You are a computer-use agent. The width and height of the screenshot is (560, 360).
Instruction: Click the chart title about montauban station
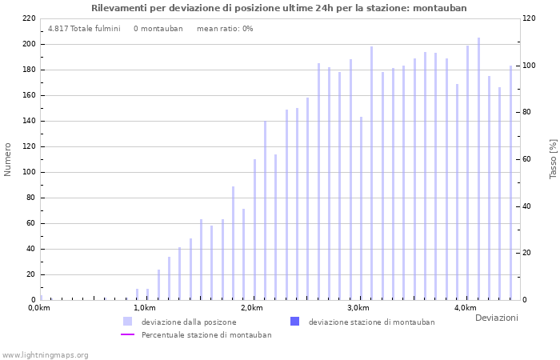coord(279,8)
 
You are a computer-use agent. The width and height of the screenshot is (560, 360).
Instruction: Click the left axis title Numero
coord(8,159)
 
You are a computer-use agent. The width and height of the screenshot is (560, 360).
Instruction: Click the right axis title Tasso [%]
coord(553,158)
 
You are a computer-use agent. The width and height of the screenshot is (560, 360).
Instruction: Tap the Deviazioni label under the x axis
coord(496,318)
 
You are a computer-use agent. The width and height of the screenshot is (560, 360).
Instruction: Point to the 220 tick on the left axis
coord(28,18)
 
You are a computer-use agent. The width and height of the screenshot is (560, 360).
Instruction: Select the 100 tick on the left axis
coord(28,172)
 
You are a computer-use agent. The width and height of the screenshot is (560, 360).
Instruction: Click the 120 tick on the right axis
coord(529,18)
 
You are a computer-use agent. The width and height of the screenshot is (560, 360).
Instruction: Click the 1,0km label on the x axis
coord(144,308)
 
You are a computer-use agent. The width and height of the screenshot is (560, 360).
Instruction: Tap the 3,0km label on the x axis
coord(358,308)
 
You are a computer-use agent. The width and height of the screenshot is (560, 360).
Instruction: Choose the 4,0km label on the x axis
coord(465,308)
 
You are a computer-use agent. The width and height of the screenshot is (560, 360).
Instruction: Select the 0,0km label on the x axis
coord(39,308)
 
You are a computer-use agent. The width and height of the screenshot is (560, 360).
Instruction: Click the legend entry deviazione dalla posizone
coord(189,322)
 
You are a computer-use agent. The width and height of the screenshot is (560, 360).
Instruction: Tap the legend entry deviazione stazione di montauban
coord(371,322)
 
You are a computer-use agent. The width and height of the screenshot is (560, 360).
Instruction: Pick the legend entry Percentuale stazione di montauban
coord(206,334)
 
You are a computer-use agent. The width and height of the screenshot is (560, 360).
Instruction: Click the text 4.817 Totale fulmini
coord(84,29)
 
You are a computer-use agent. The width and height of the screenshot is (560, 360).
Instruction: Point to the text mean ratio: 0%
coord(225,29)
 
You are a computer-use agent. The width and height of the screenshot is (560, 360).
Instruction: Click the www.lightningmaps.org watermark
coord(46,354)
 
